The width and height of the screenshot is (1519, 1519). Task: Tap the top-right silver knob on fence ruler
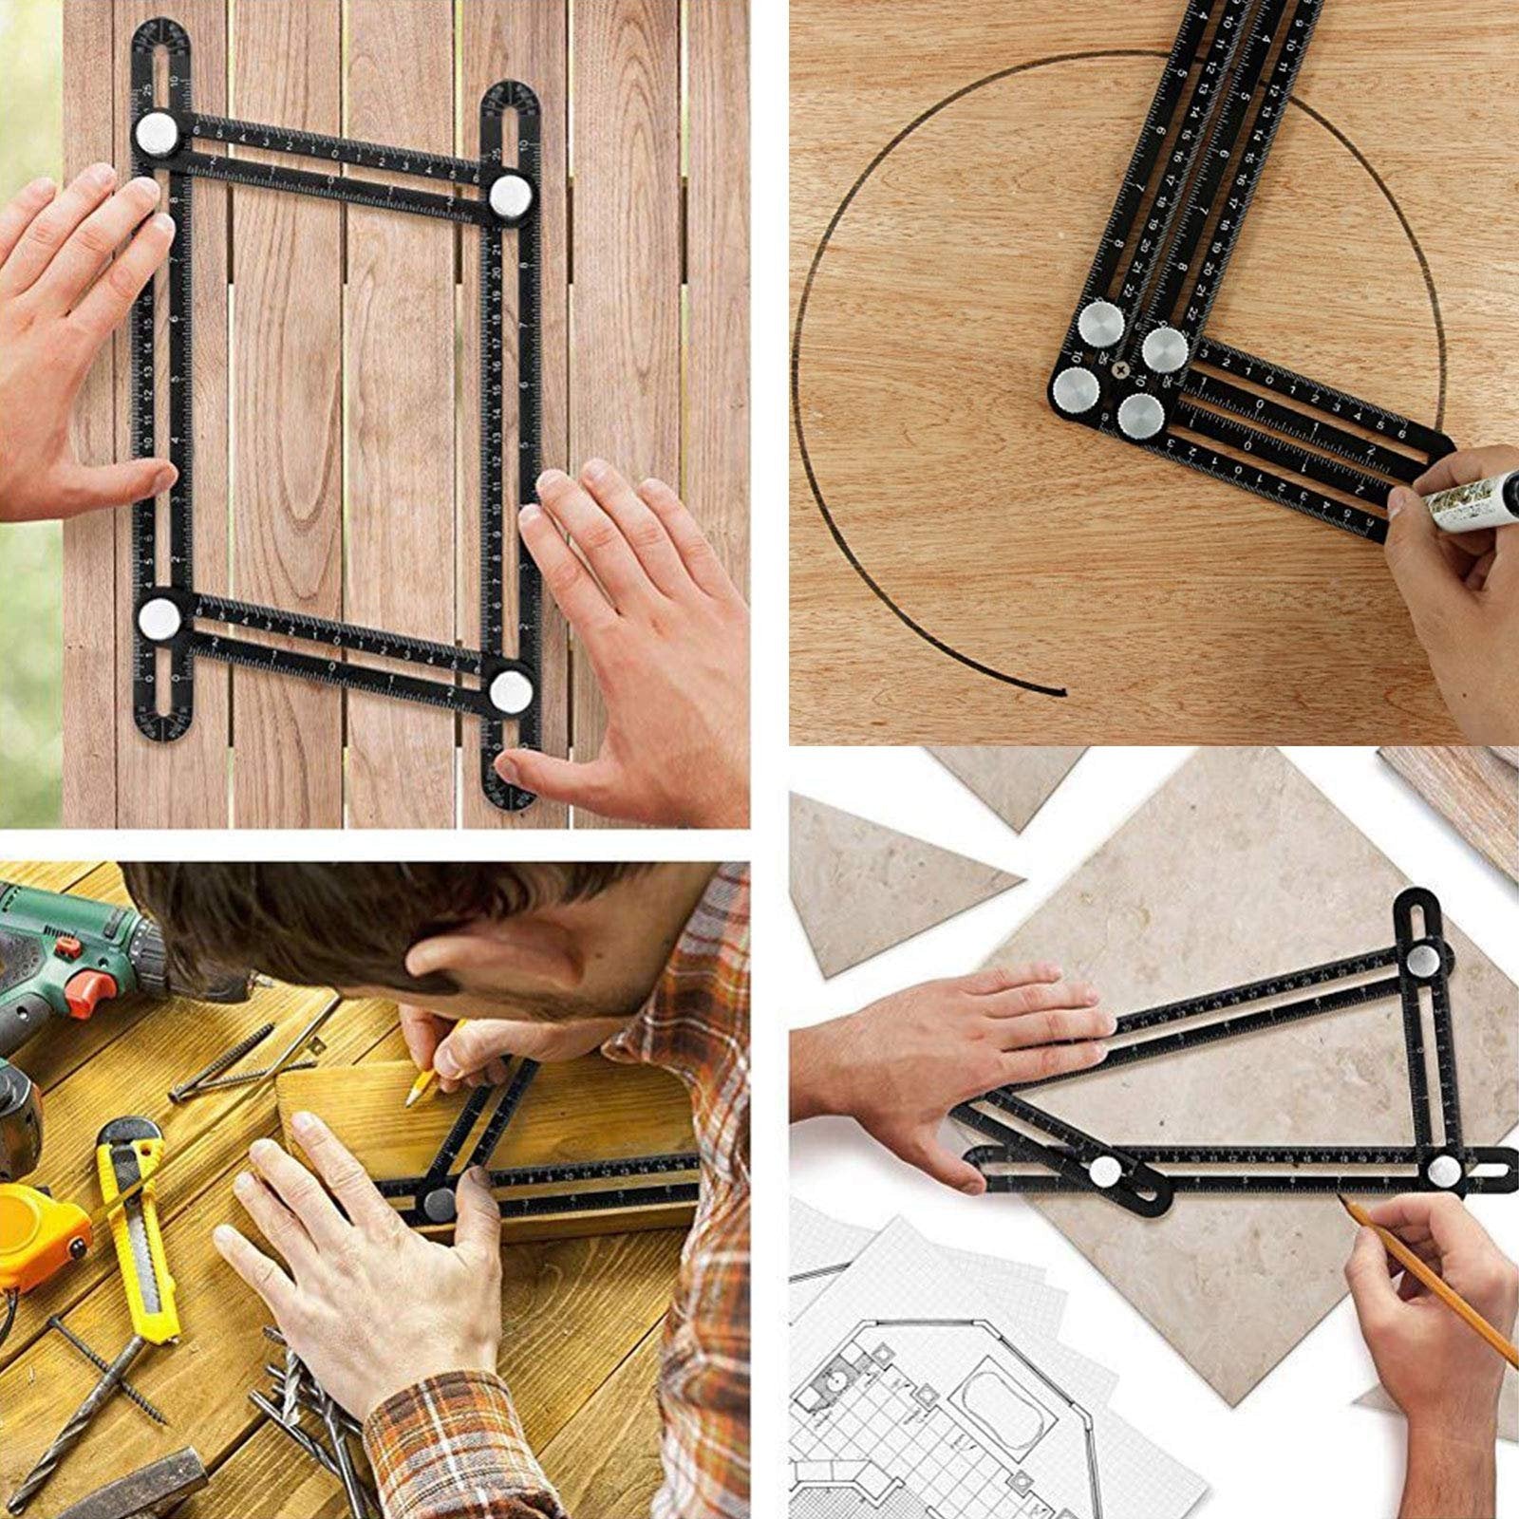click(511, 196)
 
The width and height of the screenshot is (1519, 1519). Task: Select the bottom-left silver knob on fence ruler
click(159, 618)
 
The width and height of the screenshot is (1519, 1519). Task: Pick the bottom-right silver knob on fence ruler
click(511, 689)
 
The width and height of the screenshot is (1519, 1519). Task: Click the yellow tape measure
click(38, 1234)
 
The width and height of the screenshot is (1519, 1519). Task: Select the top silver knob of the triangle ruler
click(1422, 961)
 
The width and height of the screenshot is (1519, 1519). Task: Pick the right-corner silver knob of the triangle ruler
click(1444, 1169)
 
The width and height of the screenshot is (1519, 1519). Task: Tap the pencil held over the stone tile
click(1424, 1272)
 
